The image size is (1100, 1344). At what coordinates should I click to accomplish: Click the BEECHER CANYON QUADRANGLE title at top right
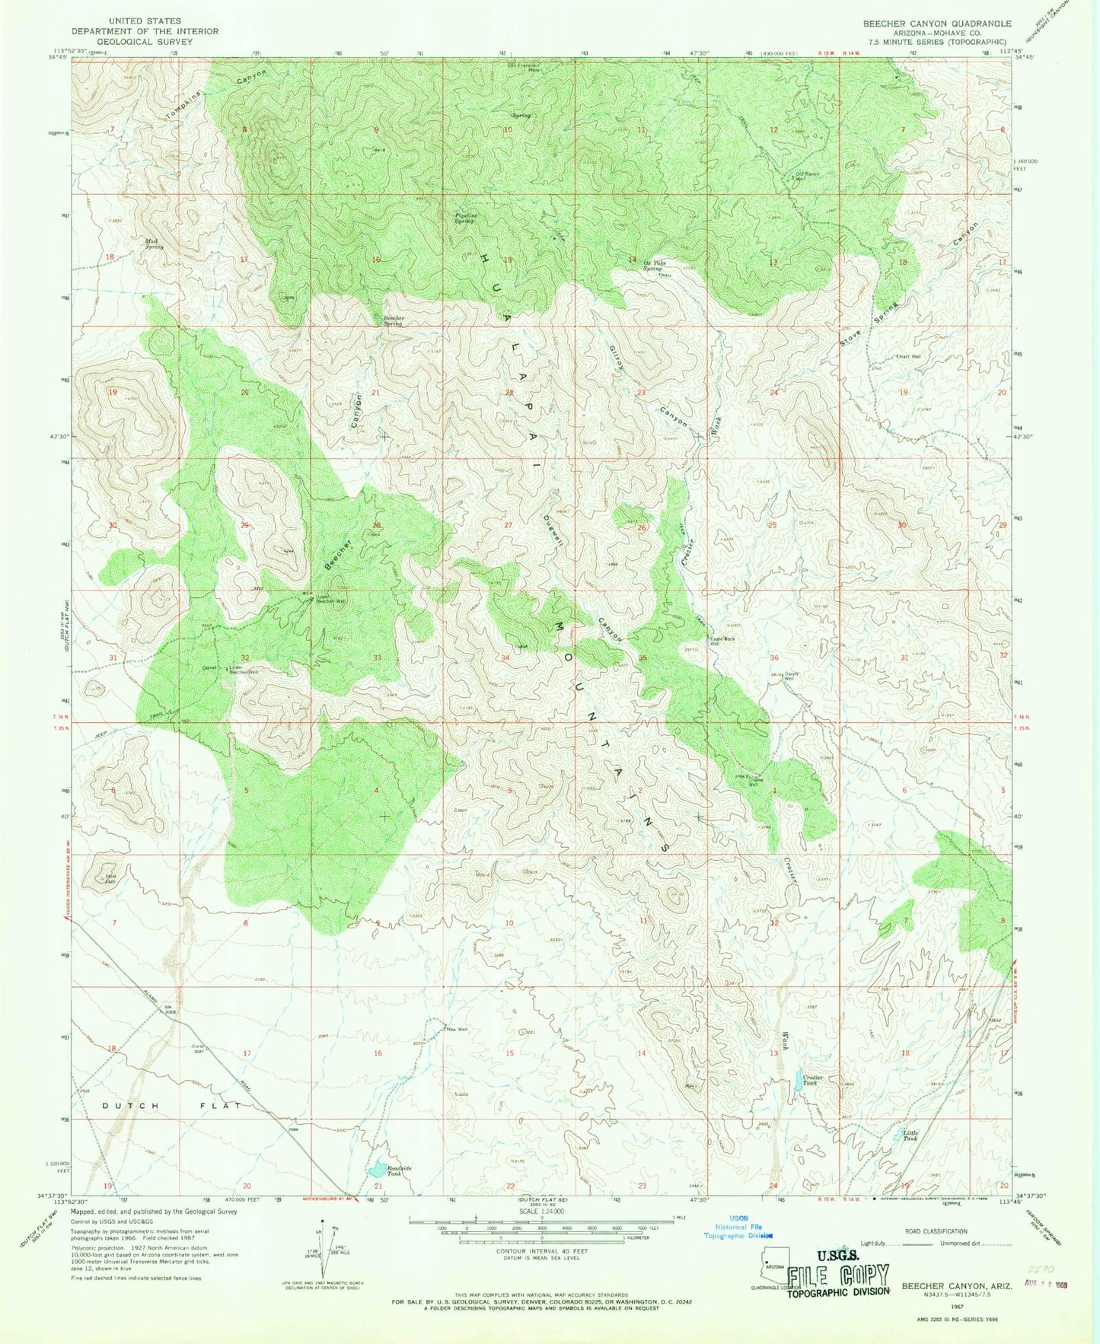tap(936, 24)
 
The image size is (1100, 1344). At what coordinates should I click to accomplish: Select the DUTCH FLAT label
tap(171, 1105)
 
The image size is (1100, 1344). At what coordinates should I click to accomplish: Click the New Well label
tap(457, 1030)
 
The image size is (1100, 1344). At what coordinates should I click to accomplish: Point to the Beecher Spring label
tap(393, 320)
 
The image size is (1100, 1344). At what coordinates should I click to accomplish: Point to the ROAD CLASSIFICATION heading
tap(935, 1231)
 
